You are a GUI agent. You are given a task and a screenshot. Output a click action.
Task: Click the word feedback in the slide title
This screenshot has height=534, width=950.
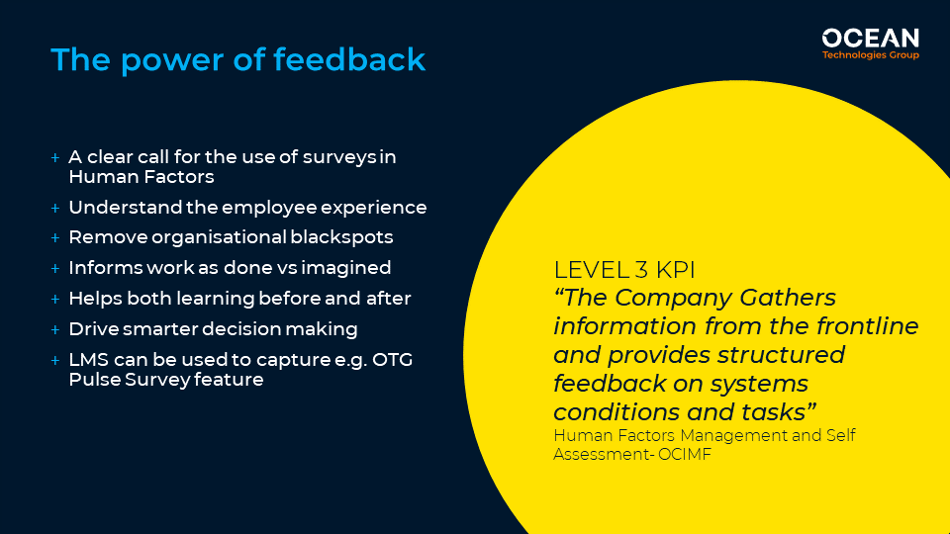point(349,59)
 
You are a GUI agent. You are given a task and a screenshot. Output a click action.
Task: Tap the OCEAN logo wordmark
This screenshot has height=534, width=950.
point(870,39)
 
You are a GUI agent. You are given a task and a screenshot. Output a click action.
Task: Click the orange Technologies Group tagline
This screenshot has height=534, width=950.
point(870,55)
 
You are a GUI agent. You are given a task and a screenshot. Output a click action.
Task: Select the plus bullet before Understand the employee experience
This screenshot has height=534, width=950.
point(55,209)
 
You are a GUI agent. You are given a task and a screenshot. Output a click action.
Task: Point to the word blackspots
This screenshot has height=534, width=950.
point(341,237)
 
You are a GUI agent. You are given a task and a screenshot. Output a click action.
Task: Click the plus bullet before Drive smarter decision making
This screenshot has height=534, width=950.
point(55,330)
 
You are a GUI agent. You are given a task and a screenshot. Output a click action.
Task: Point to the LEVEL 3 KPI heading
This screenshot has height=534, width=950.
point(624,270)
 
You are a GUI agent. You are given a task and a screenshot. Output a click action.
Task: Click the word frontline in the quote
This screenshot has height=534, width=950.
point(867,326)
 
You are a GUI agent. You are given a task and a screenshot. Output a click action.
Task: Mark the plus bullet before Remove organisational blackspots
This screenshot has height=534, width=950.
point(55,238)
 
